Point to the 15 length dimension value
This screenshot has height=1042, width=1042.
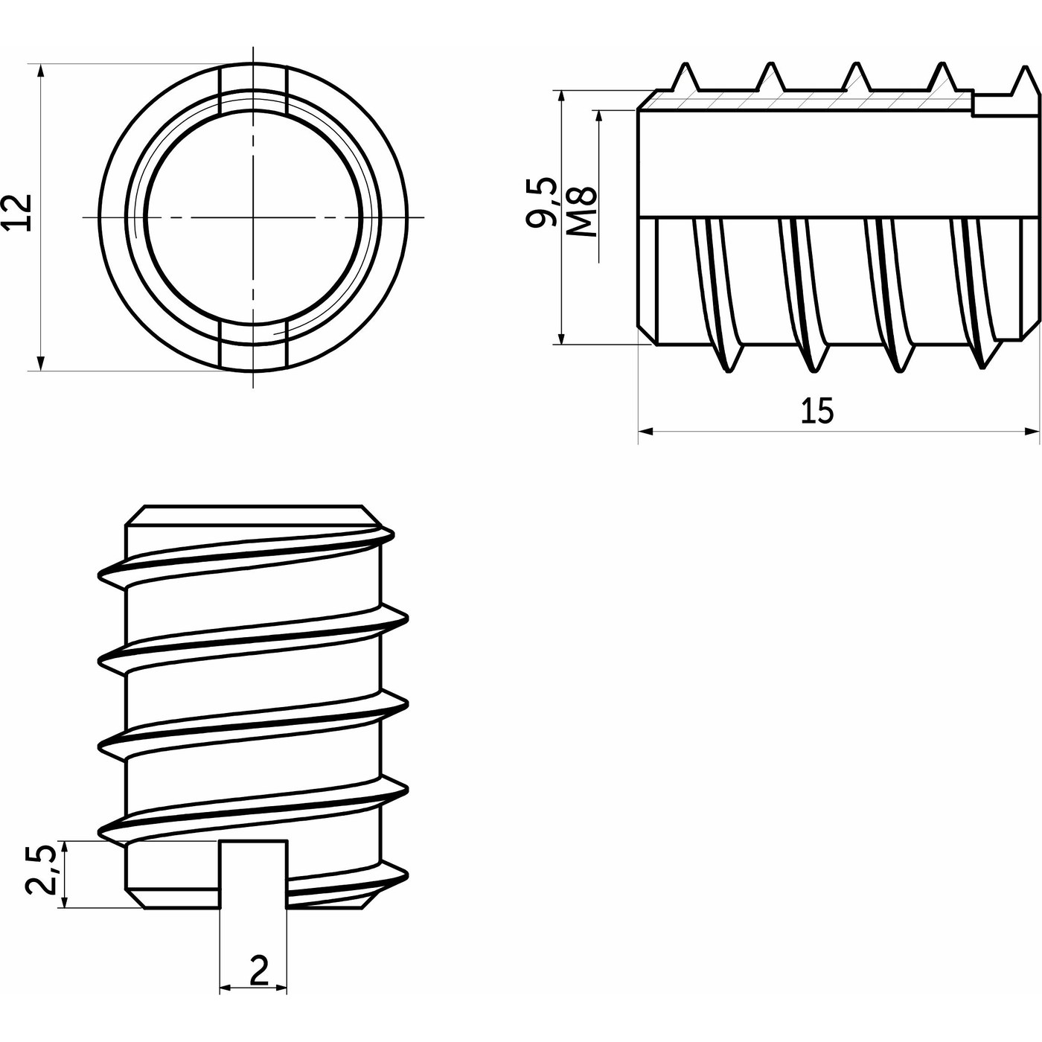pos(817,410)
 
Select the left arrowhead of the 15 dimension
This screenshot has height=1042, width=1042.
pos(647,432)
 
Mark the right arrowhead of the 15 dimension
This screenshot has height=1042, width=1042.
pos(1032,432)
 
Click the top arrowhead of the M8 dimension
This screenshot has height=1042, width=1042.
pos(598,118)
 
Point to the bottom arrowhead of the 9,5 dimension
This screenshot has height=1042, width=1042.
pos(561,336)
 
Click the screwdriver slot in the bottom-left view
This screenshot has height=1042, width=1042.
pos(254,874)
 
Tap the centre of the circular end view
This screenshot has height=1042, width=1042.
pos(253,217)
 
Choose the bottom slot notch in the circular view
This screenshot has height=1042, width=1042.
pos(253,346)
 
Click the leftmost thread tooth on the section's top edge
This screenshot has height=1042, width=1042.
pos(686,77)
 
